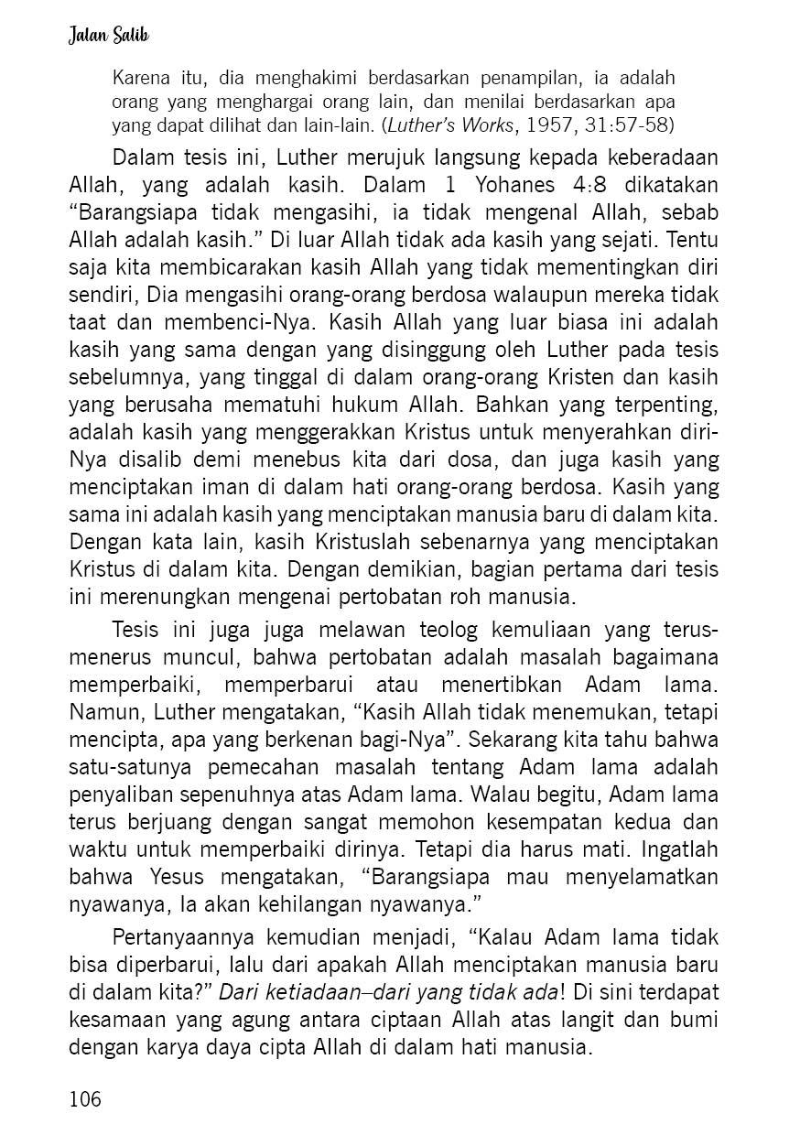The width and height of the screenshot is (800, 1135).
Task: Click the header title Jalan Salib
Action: point(109,36)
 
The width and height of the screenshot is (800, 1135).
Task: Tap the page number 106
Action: point(85,1098)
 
